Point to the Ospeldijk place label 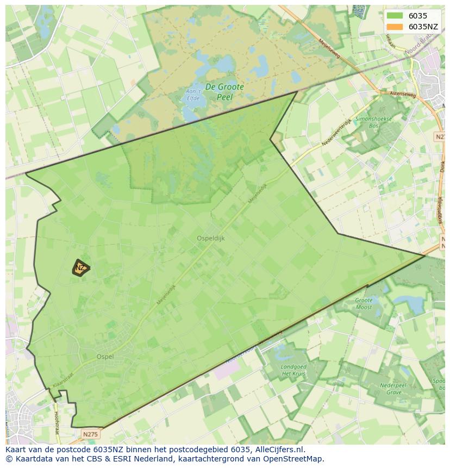(x=210, y=238)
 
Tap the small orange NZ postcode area (x=80, y=267)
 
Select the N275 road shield (x=90, y=434)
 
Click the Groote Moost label (x=364, y=304)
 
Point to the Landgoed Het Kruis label (x=293, y=370)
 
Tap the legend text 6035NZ (x=423, y=27)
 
